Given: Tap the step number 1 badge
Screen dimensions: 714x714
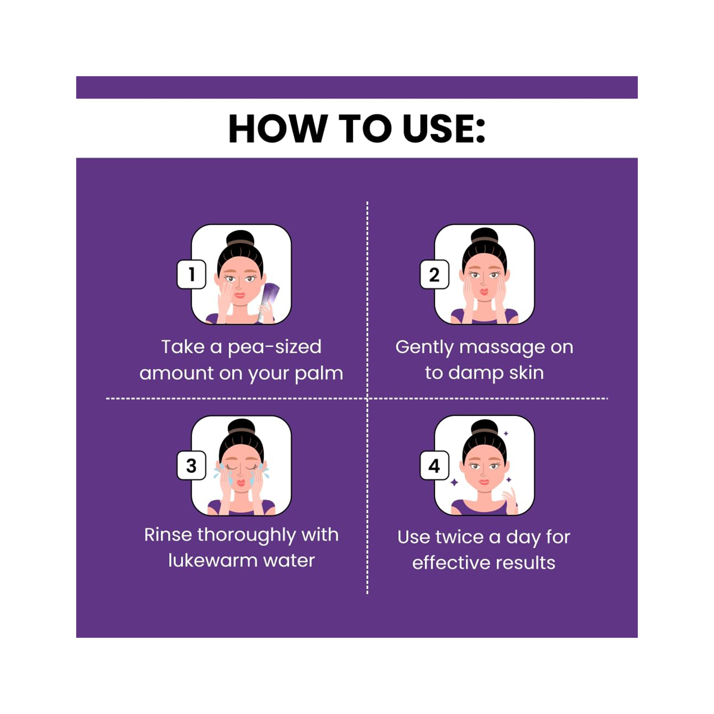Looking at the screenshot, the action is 191,274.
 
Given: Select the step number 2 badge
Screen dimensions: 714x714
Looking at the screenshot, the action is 434,274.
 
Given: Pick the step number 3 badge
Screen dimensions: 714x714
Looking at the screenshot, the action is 191,466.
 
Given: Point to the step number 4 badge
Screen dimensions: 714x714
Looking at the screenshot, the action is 434,466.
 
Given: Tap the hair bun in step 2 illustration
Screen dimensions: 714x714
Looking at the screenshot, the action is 484,236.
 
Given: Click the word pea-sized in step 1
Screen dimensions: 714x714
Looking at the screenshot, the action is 275,347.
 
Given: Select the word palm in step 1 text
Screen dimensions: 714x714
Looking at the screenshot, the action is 319,374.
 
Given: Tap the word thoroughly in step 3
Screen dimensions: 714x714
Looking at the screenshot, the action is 247,535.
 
